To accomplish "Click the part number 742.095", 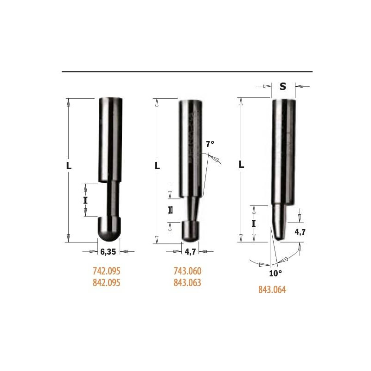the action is pos(107,271).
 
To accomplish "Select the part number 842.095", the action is pos(107,282).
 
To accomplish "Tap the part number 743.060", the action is pos(187,271).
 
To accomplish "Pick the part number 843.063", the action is pos(187,282).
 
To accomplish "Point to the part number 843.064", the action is pos(272,289).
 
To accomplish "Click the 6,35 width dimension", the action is pos(108,252).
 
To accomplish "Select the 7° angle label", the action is pos(210,144).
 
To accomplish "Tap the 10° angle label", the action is pos(275,274).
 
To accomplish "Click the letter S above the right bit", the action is pos(283,87).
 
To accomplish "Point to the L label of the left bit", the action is pos(69,166).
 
